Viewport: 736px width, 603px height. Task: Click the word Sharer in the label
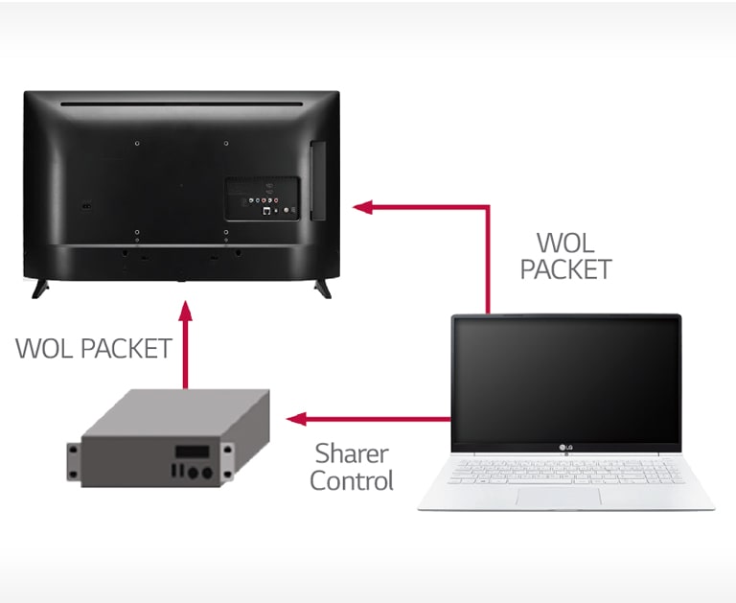click(x=352, y=452)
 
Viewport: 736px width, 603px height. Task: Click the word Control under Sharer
click(x=352, y=481)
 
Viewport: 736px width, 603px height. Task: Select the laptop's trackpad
click(x=559, y=496)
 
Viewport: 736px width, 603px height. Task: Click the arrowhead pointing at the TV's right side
click(x=361, y=206)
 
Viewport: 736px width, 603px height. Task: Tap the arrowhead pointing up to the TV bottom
click(x=186, y=312)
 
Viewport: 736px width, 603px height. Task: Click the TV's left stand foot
click(x=41, y=287)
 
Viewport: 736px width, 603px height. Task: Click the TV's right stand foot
click(x=322, y=287)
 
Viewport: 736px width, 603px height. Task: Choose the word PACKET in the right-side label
click(x=565, y=269)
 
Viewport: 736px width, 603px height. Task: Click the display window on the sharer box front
click(x=193, y=452)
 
